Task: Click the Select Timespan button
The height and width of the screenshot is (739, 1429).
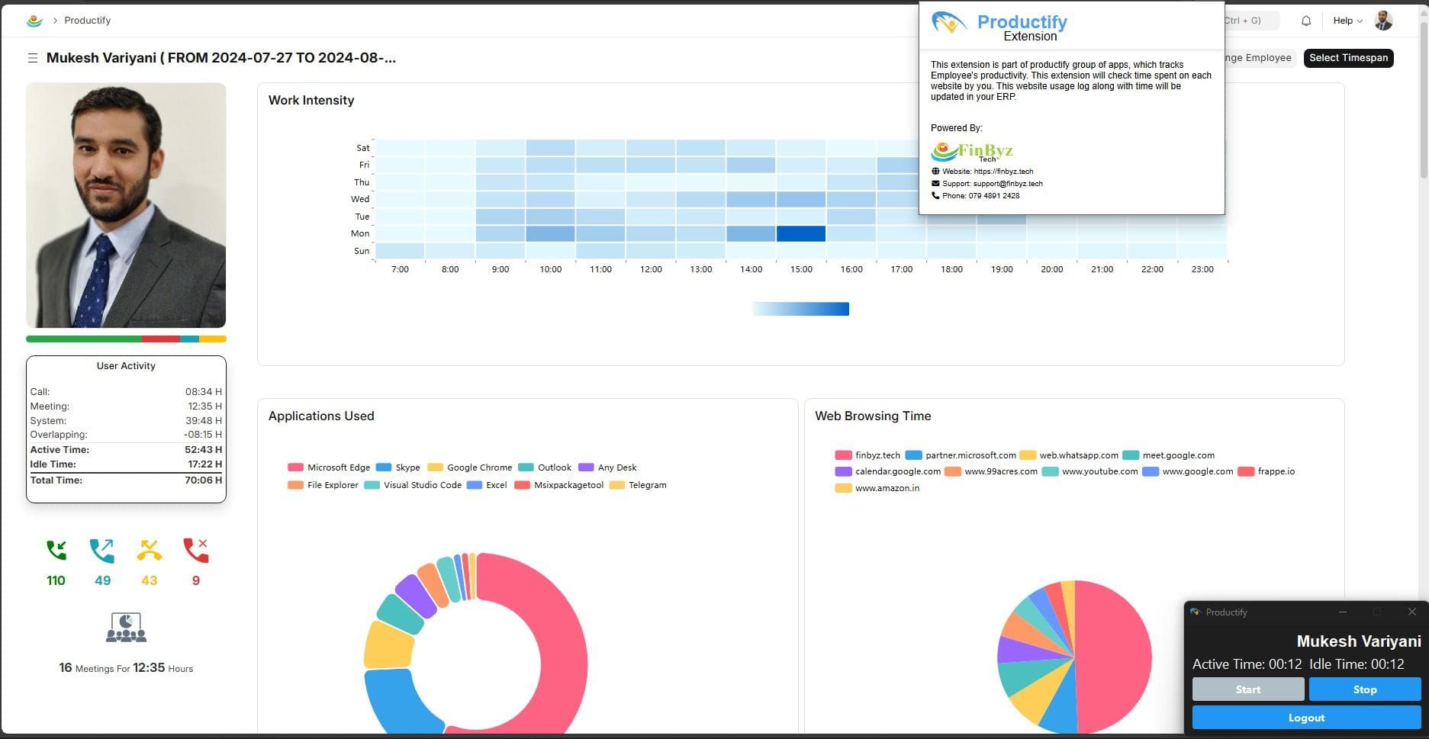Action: coord(1348,58)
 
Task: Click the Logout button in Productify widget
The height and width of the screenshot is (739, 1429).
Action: coord(1306,718)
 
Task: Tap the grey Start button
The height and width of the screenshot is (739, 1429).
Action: coord(1247,689)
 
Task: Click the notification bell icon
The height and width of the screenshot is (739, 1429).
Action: coord(1306,21)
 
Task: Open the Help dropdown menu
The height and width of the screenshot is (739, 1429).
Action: coord(1347,21)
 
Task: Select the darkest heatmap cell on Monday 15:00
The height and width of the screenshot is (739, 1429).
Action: coord(800,233)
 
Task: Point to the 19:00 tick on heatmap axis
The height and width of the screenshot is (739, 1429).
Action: coord(1002,269)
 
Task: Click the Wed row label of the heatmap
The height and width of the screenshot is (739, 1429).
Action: coord(360,199)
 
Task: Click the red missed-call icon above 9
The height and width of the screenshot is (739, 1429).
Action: coord(195,550)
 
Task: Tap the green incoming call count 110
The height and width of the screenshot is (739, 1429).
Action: coord(56,580)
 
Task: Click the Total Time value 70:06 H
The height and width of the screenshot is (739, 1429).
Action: coord(203,480)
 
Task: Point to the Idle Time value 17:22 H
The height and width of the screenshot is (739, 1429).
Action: coord(204,464)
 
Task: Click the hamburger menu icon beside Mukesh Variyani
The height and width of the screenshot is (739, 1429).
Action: coord(33,58)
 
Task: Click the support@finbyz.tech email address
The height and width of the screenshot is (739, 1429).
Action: coord(1007,184)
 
